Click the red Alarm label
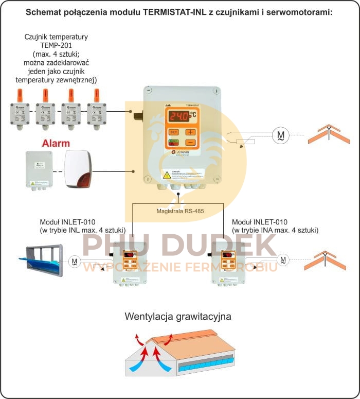point(56,143)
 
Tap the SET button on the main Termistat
point(173,132)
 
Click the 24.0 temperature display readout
point(182,116)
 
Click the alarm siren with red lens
point(78,170)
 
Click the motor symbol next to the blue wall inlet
point(75,262)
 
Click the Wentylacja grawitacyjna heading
point(178,316)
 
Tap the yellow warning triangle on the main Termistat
point(167,175)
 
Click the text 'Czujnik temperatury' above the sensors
point(56,37)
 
